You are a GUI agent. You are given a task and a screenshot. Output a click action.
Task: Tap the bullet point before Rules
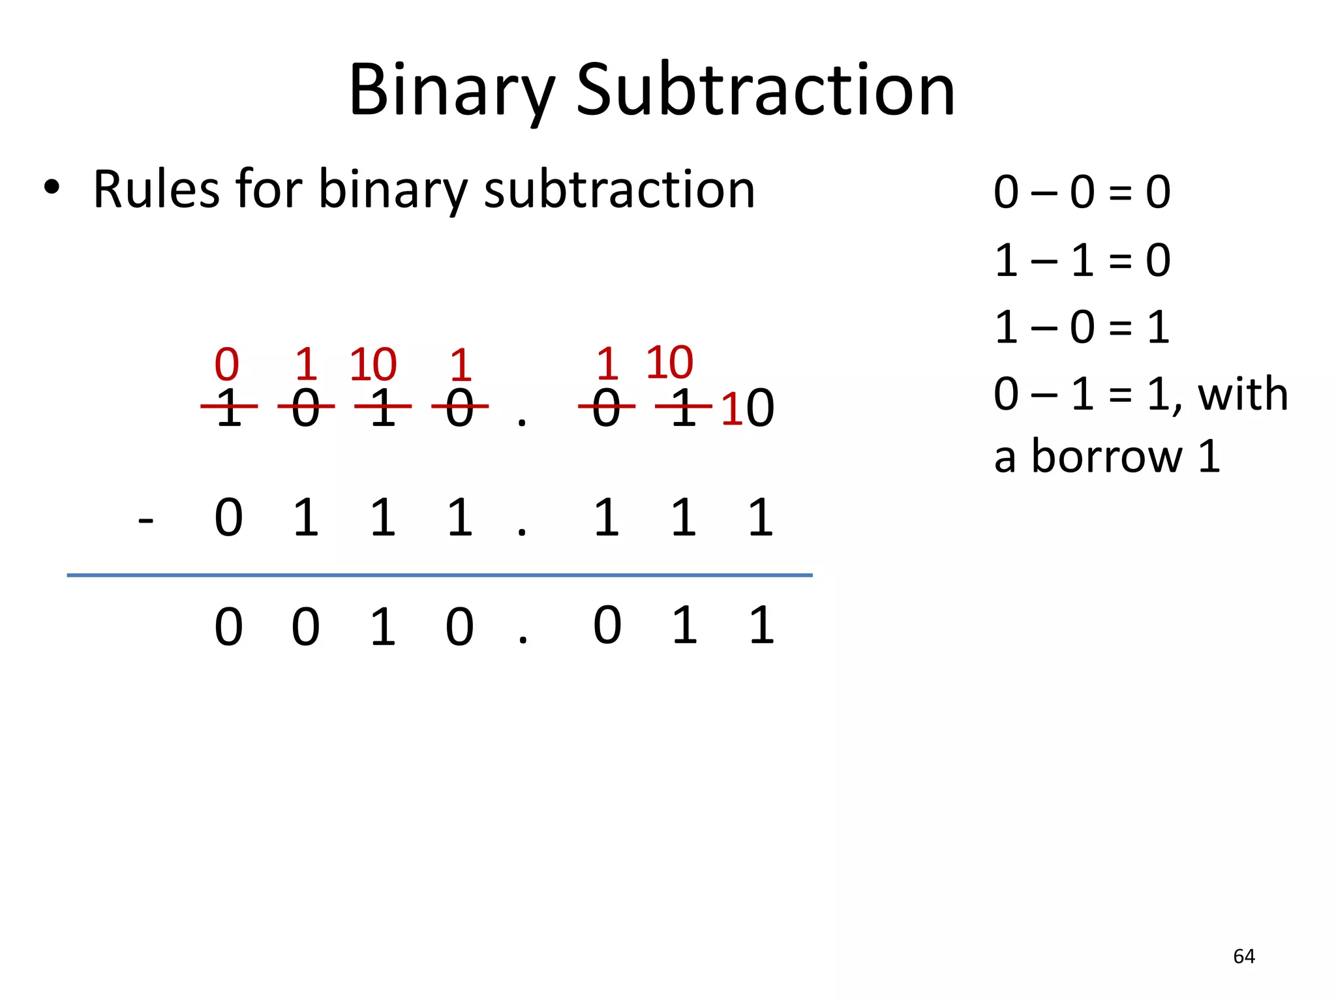[x=52, y=189]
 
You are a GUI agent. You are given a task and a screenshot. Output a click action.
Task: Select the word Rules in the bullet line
[x=157, y=189]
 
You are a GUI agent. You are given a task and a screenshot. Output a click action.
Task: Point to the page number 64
[x=1244, y=956]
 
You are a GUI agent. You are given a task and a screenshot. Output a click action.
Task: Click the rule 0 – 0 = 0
[x=1082, y=192]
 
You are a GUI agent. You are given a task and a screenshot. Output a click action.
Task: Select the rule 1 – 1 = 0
[x=1082, y=260]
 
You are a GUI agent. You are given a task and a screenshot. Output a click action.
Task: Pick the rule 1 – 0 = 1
[x=1082, y=327]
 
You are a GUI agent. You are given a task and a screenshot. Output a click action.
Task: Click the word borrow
[x=1106, y=456]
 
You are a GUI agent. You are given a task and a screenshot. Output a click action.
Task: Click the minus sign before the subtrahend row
[x=146, y=520]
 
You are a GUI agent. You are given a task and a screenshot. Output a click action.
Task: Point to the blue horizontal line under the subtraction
[x=440, y=575]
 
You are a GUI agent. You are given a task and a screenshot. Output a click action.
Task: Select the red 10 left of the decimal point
[x=373, y=364]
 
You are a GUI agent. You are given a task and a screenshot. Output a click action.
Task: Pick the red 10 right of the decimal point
[x=669, y=362]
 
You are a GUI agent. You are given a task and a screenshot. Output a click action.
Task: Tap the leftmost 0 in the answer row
[x=229, y=627]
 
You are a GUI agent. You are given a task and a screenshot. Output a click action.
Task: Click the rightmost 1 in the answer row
[x=761, y=626]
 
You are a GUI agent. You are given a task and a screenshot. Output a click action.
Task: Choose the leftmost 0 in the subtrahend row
[x=229, y=518]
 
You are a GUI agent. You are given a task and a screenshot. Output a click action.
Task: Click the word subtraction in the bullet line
[x=619, y=189]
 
